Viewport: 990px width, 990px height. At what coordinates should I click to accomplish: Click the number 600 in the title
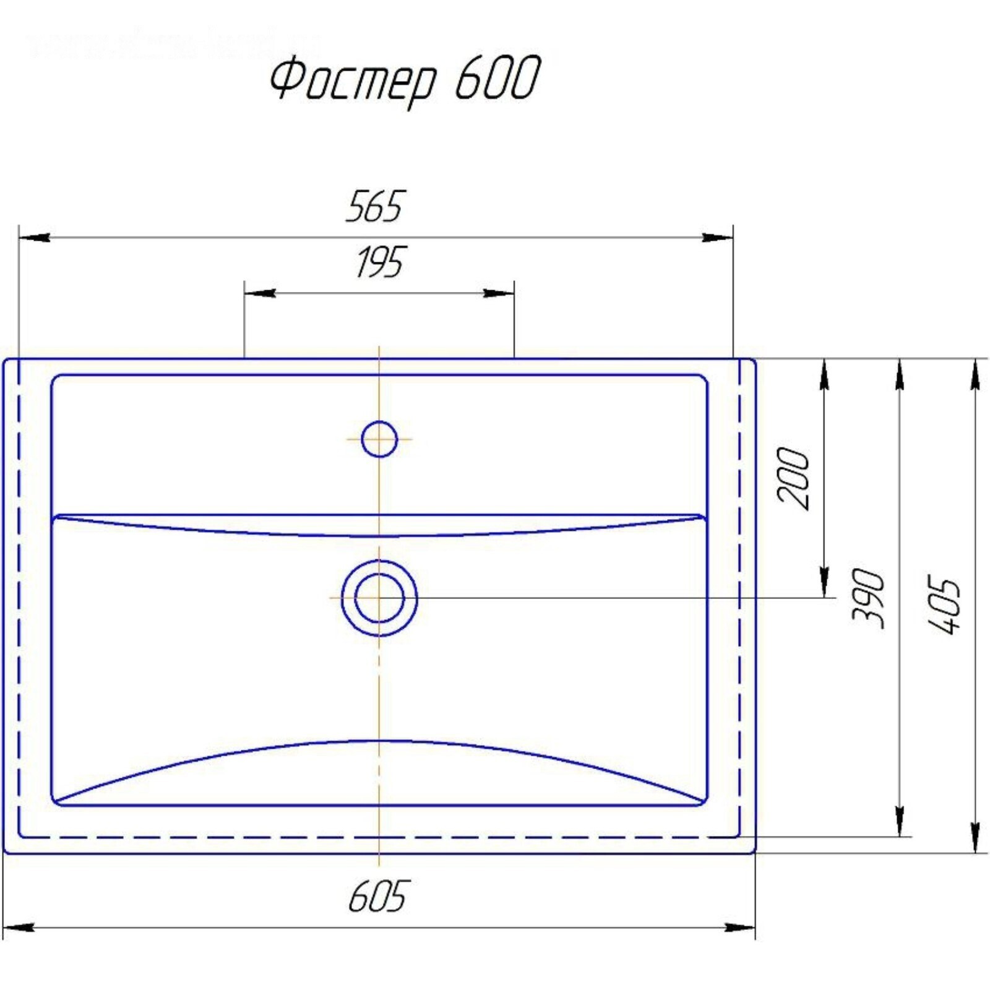[498, 77]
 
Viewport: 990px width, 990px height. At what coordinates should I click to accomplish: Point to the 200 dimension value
[793, 478]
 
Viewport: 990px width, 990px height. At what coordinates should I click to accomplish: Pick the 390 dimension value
[867, 598]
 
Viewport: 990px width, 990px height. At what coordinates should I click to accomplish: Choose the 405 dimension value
[944, 605]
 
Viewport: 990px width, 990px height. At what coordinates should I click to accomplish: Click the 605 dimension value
[377, 897]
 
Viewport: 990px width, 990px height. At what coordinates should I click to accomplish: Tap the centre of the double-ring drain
[379, 598]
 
